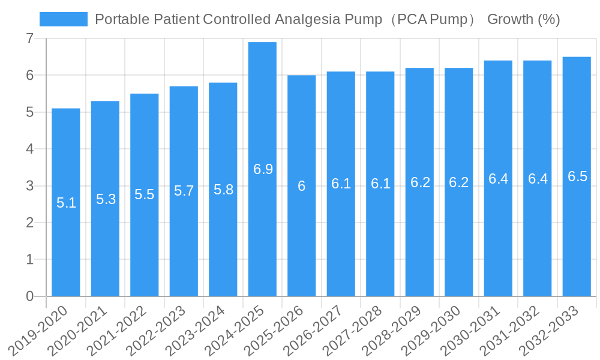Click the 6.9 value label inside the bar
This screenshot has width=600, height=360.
263,169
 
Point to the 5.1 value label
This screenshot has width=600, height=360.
66,203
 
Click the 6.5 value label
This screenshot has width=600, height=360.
577,176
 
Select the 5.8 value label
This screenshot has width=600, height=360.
223,190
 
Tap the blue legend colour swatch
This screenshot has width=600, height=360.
63,19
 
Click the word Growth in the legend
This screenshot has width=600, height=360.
509,19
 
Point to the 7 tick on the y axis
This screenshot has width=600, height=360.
29,38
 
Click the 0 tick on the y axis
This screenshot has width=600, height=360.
29,296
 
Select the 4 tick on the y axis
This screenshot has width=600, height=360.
29,149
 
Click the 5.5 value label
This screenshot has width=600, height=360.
145,194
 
